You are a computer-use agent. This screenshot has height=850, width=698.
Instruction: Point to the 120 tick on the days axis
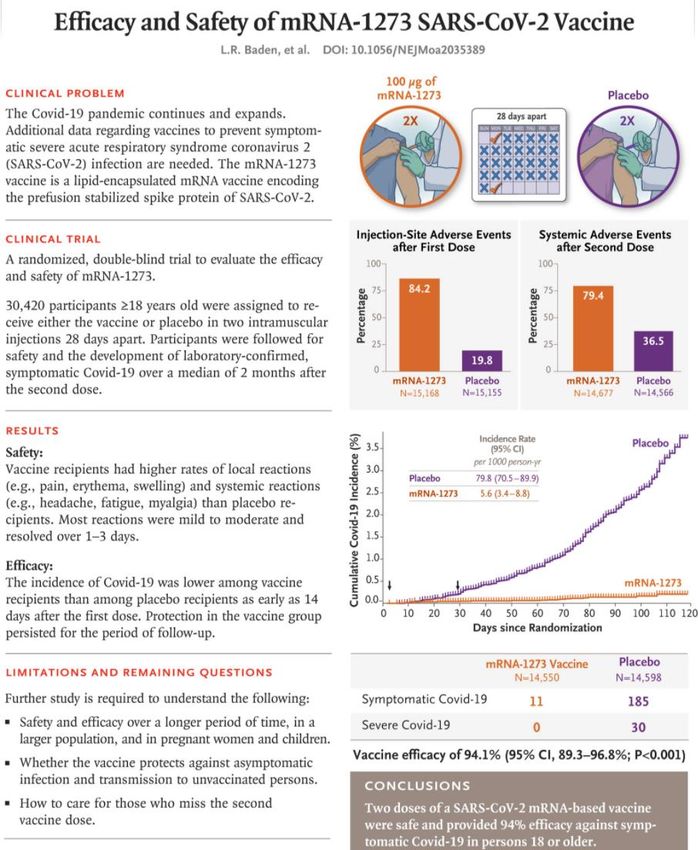(x=688, y=613)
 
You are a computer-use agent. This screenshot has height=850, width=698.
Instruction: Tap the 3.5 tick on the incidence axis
(x=373, y=448)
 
